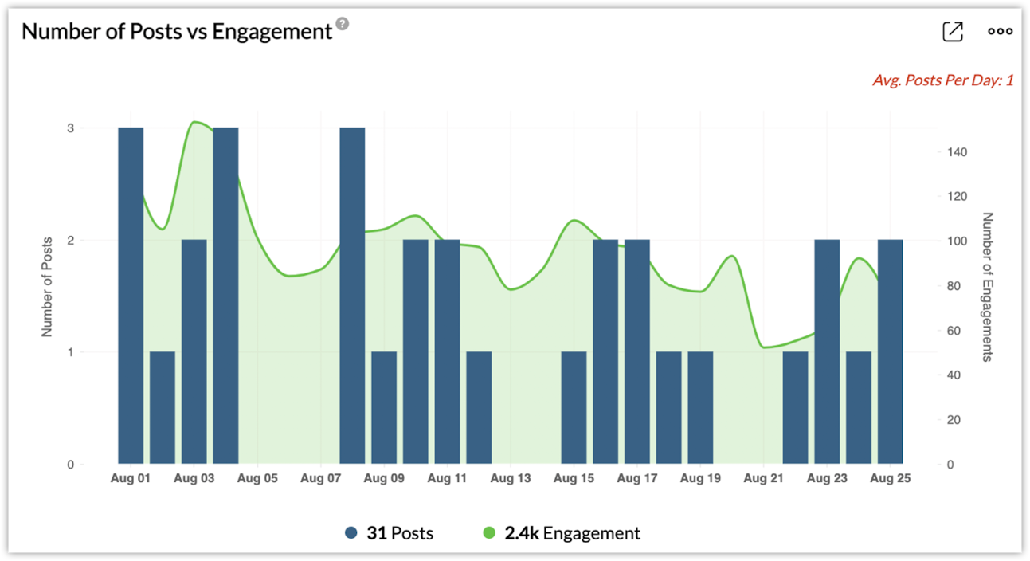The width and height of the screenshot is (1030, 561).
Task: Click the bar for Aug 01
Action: [x=131, y=295]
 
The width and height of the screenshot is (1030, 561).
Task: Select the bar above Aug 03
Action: [x=194, y=351]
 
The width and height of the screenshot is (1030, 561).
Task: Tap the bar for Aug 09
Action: [x=384, y=407]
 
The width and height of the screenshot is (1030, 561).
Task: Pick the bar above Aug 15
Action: [x=574, y=407]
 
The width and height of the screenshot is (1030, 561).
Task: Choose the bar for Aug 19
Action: [x=700, y=407]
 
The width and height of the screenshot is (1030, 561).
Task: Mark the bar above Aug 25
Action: [x=890, y=351]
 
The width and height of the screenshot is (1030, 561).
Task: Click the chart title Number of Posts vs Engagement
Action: [x=176, y=31]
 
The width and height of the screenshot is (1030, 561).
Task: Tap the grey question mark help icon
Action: [x=343, y=25]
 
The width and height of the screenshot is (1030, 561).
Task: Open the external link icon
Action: [x=952, y=31]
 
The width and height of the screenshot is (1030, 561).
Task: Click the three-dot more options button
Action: [x=1000, y=31]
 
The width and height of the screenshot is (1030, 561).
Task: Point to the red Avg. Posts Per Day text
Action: [x=942, y=80]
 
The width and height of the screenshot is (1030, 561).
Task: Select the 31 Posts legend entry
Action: [x=390, y=532]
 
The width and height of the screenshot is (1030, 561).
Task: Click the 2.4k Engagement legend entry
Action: [x=562, y=532]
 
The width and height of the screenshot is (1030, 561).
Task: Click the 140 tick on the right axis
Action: [x=957, y=151]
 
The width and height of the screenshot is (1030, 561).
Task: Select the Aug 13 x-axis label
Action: [x=511, y=478]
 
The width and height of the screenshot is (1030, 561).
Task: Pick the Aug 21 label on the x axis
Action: [x=763, y=478]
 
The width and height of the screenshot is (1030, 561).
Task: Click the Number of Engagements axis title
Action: [x=988, y=287]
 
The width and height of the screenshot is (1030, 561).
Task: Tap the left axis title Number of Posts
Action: [x=47, y=287]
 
